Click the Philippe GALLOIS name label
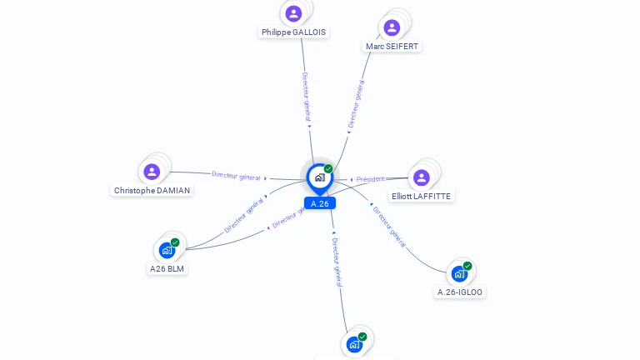point(293,32)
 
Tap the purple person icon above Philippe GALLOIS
point(293,13)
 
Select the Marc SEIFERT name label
point(392,46)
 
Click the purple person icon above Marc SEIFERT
point(392,27)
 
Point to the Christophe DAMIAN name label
point(152,190)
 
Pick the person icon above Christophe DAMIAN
point(152,172)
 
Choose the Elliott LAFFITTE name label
point(421,196)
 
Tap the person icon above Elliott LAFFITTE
point(422,177)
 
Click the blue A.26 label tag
point(319,203)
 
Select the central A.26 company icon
point(319,177)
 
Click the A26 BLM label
point(167,268)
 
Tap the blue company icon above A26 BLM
point(167,249)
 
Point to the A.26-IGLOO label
point(460,292)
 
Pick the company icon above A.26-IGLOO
point(459,273)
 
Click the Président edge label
point(371,179)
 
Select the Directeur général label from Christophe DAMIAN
point(236,176)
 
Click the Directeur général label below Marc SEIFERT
point(356,103)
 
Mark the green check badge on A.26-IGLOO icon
point(467,266)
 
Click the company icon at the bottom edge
point(354,344)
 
